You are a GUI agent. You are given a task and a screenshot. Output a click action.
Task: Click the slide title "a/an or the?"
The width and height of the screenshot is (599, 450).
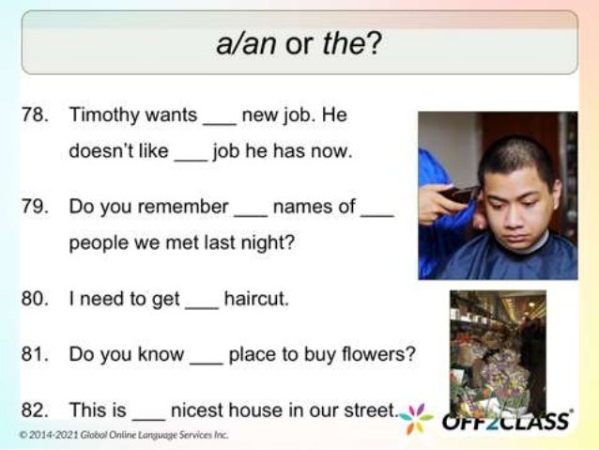pos(299,44)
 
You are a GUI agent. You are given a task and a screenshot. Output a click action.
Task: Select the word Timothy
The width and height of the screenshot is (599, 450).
pos(101,116)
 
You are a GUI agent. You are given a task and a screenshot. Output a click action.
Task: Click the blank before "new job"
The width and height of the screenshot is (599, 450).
pos(219,119)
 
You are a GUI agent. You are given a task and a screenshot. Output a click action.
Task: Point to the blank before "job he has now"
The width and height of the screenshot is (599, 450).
pos(190,155)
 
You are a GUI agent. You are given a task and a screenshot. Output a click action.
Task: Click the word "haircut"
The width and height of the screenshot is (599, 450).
pos(256,300)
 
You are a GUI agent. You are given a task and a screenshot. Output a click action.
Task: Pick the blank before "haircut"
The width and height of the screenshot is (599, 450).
pos(201,303)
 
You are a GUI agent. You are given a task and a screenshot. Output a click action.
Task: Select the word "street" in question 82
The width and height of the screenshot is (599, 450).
pos(369,411)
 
